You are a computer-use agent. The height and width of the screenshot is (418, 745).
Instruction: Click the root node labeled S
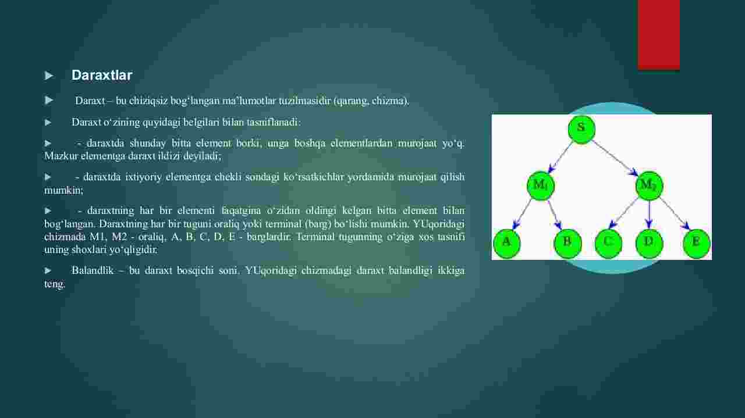point(581,129)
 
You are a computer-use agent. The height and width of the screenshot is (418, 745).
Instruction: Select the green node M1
point(541,185)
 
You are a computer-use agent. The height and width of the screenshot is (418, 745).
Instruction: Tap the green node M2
point(649,185)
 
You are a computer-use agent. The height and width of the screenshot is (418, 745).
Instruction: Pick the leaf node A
point(506,244)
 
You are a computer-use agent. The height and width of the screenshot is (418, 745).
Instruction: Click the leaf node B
point(567,244)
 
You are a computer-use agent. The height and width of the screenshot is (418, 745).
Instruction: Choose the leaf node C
point(608,244)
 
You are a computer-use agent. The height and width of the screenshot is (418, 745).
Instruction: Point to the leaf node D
point(649,244)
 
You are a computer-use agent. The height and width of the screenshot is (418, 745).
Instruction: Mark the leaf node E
point(697,244)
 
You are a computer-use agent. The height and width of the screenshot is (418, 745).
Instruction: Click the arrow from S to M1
point(560,157)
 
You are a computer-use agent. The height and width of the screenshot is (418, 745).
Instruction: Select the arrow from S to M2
point(615,158)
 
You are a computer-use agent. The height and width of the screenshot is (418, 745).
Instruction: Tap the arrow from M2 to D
point(649,215)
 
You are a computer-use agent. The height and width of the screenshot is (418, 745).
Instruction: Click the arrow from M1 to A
point(521,215)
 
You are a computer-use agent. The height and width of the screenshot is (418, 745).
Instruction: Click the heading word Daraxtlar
point(102,75)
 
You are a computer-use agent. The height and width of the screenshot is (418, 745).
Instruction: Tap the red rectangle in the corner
point(658,34)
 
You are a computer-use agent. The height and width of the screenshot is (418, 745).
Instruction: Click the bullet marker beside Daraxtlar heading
point(49,76)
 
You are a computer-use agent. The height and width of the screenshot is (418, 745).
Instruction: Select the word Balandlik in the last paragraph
point(93,270)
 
